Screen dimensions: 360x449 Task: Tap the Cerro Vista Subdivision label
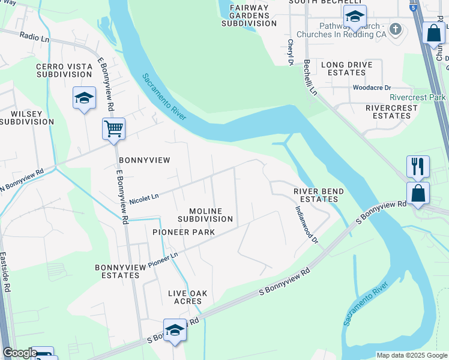coord(64,70)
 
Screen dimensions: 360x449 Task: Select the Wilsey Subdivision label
coord(27,117)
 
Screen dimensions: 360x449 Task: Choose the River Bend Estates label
coord(319,195)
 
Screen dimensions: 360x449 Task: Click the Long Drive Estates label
coord(347,68)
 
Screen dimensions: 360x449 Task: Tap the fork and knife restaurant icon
coord(418,166)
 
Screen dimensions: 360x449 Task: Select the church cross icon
coord(396,29)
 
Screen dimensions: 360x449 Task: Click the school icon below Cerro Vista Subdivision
coord(84,98)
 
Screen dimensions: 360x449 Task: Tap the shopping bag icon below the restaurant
coord(418,193)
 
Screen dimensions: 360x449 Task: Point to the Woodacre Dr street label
coord(372,88)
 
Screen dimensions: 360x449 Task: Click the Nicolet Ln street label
coord(144,197)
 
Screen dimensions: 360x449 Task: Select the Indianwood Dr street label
coord(306,224)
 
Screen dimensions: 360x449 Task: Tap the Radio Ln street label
coord(34,37)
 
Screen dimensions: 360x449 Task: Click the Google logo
coord(20,353)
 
